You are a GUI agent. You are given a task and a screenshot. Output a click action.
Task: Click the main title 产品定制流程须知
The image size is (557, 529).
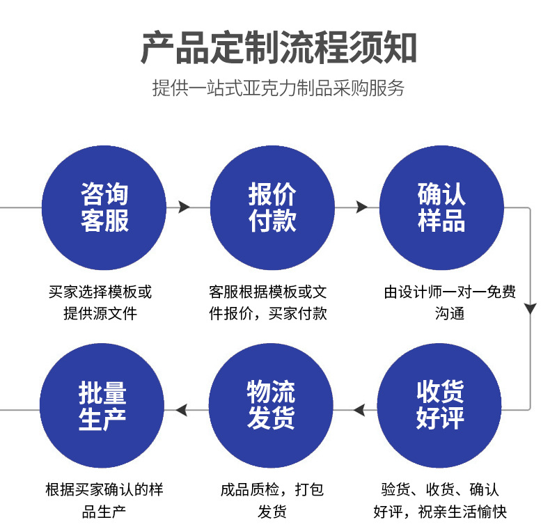coord(278,47)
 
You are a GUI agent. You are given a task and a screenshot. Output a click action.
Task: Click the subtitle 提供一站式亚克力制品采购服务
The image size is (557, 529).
coord(278,88)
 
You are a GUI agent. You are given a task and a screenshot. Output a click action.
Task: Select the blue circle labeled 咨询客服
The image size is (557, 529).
coord(104,208)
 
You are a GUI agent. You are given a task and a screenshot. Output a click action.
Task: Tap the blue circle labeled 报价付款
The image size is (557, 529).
coord(272,208)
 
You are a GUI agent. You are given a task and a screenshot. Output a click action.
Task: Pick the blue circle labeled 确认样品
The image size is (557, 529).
coord(441,208)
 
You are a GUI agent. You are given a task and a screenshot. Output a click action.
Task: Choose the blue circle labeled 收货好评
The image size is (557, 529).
coord(439,405)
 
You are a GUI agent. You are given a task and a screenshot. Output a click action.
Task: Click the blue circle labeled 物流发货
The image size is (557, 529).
coord(272,405)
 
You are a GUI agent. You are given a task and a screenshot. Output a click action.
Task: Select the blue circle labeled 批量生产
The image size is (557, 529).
coord(102,405)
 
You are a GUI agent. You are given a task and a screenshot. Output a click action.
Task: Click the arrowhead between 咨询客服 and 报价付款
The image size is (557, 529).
coord(184,207)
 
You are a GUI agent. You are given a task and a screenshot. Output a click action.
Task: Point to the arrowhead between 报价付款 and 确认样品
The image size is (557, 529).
coord(361,207)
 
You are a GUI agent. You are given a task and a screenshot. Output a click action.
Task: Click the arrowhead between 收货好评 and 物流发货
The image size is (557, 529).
coord(359,410)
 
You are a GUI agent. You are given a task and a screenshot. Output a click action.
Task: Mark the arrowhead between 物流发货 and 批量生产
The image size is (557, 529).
coord(182,410)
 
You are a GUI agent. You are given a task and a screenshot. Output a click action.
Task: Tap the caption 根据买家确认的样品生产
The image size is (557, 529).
coord(104,500)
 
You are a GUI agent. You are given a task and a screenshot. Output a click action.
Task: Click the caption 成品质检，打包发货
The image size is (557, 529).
coord(272,500)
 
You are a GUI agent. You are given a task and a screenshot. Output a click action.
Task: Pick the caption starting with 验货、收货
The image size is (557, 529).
coord(440,500)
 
